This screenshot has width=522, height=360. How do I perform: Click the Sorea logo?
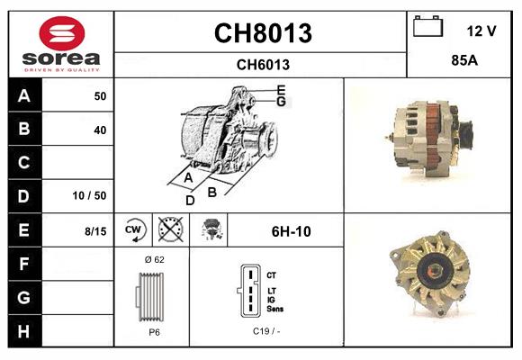61,44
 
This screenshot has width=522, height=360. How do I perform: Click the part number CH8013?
262,33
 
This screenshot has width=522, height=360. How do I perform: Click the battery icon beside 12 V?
427,28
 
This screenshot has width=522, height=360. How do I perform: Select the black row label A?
23,96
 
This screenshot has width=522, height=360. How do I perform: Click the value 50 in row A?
99,96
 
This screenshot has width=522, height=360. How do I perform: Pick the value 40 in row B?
99,130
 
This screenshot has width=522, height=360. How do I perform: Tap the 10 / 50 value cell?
90,195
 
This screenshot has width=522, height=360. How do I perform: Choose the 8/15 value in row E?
94,231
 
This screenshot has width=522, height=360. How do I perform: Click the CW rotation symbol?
133,230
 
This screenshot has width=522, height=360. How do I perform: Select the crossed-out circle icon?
170,230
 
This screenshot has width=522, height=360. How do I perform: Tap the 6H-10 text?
291,231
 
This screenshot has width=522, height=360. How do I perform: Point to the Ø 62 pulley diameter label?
153,260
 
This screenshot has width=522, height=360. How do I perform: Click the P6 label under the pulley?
153,332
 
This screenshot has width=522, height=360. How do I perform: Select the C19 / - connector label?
265,332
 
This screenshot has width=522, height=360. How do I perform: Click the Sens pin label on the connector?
275,309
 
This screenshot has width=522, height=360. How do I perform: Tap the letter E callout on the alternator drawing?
281,89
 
